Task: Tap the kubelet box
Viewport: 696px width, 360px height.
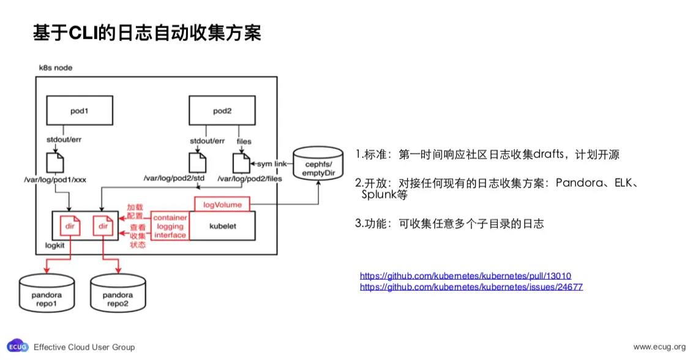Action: point(223,226)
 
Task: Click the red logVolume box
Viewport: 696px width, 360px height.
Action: point(222,204)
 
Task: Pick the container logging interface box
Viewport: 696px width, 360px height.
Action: point(170,227)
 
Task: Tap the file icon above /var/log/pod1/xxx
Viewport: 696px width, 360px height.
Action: point(55,162)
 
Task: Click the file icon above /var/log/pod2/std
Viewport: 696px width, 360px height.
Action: point(197,162)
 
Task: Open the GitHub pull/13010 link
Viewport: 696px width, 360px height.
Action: point(465,276)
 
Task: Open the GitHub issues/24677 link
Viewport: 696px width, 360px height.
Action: point(471,287)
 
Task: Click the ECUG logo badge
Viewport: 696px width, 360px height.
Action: point(18,347)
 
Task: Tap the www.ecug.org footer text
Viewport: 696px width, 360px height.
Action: point(659,347)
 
